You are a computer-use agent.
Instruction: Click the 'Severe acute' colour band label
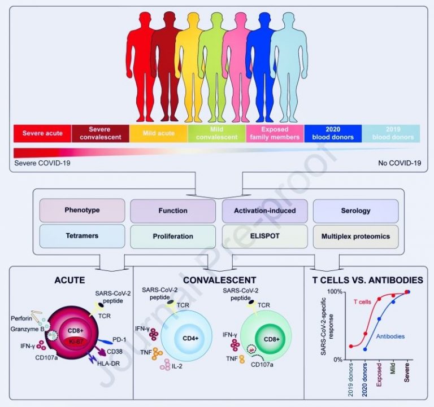click(x=42, y=133)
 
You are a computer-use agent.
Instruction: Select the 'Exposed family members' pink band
click(x=275, y=134)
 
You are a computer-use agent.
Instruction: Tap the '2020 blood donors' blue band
click(x=333, y=134)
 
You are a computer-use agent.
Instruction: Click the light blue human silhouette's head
click(x=288, y=21)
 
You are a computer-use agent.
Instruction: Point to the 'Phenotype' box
click(x=82, y=211)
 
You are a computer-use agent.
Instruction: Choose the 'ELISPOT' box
click(x=265, y=237)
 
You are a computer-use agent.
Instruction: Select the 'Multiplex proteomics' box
click(x=355, y=237)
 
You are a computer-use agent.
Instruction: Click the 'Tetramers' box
click(x=82, y=236)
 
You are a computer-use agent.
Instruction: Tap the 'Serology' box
click(x=355, y=211)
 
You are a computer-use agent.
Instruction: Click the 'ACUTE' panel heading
click(x=70, y=280)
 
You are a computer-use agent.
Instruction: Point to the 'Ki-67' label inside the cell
click(x=76, y=342)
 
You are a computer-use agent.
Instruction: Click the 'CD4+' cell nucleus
click(x=190, y=338)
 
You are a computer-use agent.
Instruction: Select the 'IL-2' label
click(x=177, y=366)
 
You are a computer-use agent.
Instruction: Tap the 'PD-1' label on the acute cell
click(x=119, y=339)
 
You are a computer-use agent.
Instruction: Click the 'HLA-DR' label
click(x=108, y=364)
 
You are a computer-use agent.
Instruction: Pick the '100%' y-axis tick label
click(x=335, y=292)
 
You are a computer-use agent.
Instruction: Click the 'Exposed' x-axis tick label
click(x=379, y=375)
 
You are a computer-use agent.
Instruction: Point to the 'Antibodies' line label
click(x=390, y=336)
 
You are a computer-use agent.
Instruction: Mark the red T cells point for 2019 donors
click(x=351, y=346)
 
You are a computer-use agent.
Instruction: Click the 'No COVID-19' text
click(x=400, y=163)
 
